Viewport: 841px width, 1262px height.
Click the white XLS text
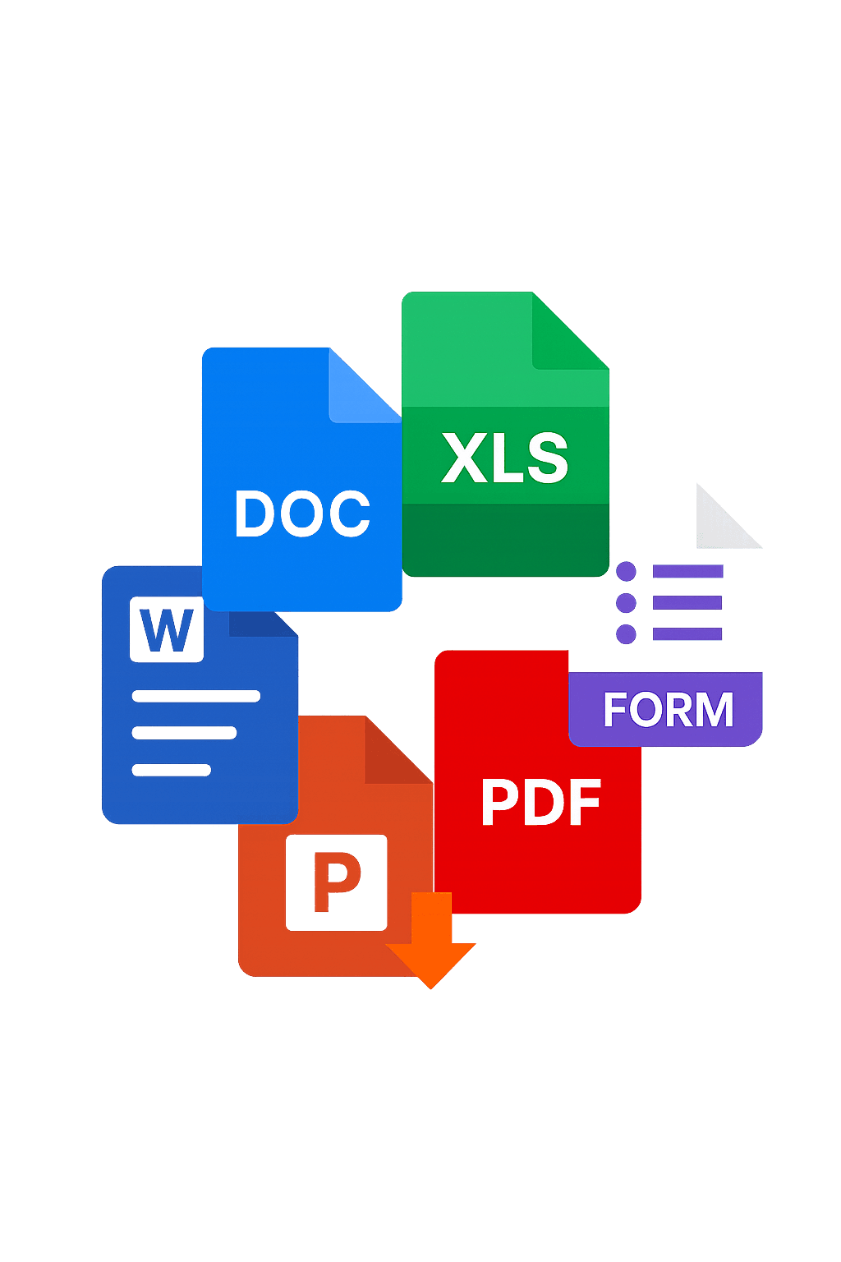click(504, 458)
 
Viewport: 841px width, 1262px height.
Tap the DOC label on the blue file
click(302, 514)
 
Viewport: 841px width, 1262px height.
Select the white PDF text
click(540, 802)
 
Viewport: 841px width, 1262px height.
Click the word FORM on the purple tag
click(668, 710)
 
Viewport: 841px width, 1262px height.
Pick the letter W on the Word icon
click(167, 630)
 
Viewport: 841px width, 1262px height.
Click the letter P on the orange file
click(337, 883)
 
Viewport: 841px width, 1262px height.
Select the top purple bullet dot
click(626, 572)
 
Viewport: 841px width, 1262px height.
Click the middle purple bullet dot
click(626, 603)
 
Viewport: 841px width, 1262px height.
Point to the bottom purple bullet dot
click(626, 633)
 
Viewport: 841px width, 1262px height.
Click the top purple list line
click(687, 572)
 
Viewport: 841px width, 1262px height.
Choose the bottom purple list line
click(687, 633)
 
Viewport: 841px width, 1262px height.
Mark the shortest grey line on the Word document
click(172, 770)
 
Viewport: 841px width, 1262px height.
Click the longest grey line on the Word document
click(196, 697)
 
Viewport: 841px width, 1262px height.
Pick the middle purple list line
click(687, 603)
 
